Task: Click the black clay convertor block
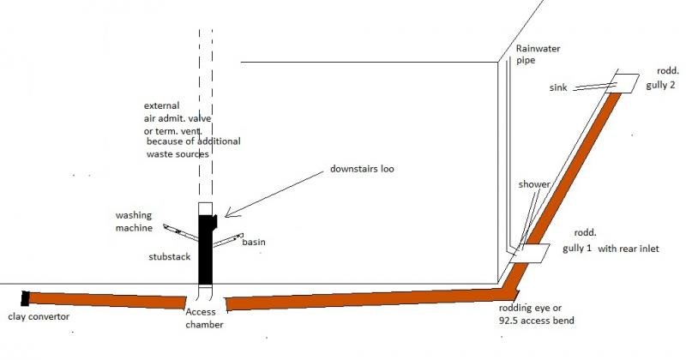coord(25,298)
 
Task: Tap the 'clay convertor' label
coord(39,316)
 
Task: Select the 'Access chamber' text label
coord(204,318)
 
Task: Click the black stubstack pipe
coord(207,249)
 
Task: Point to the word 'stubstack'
coord(169,257)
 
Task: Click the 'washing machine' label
coord(134,221)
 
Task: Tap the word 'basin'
coord(254,242)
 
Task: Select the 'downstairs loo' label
coord(362,169)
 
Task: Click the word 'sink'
coord(558,87)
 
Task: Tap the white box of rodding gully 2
coord(623,83)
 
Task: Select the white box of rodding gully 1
coord(530,253)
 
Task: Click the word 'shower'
coord(534,184)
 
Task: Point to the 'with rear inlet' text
coord(629,249)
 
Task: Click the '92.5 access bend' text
coord(537,321)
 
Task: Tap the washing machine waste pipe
coord(181,232)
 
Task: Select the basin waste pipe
coord(228,240)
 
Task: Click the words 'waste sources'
coord(178,154)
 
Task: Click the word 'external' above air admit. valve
coord(161,105)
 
